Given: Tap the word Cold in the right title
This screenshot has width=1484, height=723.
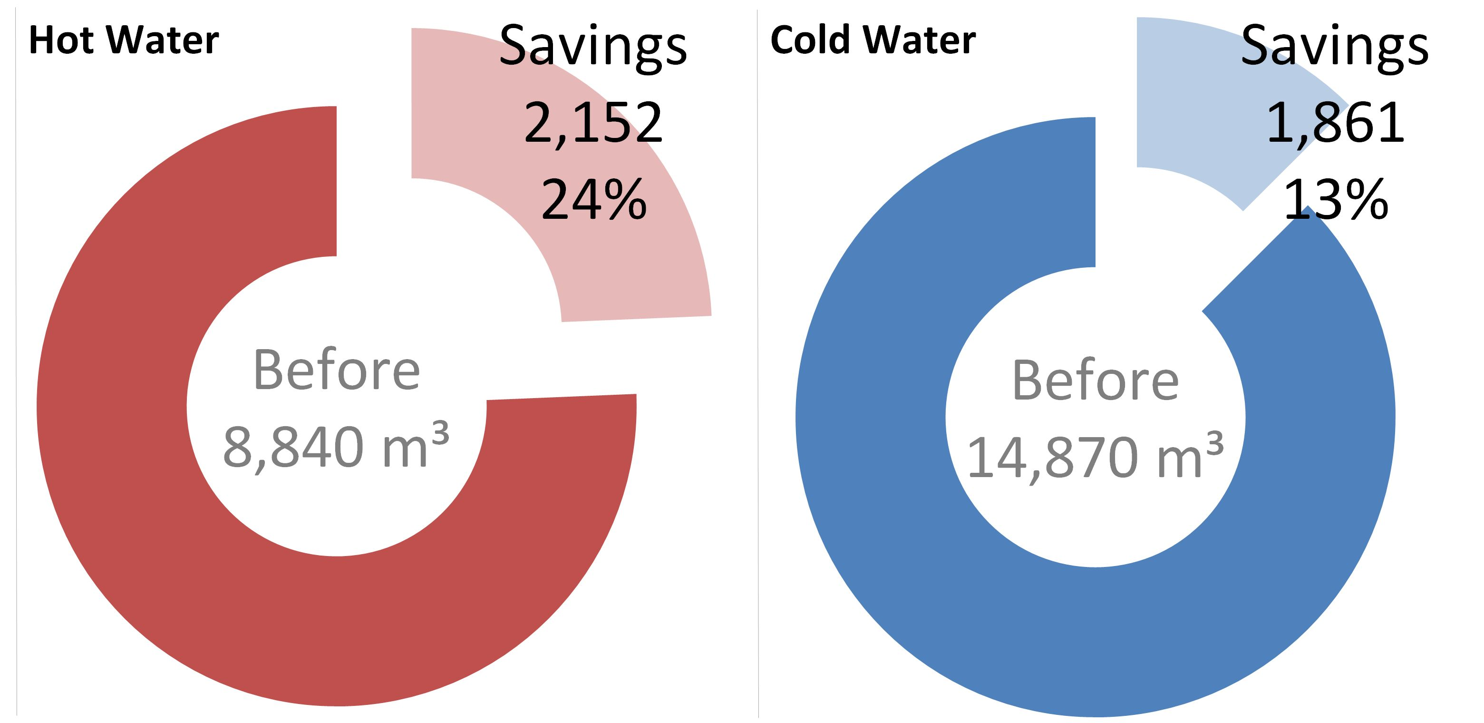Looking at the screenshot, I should pos(811,40).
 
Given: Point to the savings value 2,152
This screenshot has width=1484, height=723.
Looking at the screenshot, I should pos(593,123).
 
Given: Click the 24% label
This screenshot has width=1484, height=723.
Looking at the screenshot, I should pos(594,200).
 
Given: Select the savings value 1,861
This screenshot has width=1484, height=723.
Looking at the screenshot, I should pos(1335,123).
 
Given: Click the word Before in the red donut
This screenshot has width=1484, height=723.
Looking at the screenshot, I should pos(337,371).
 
